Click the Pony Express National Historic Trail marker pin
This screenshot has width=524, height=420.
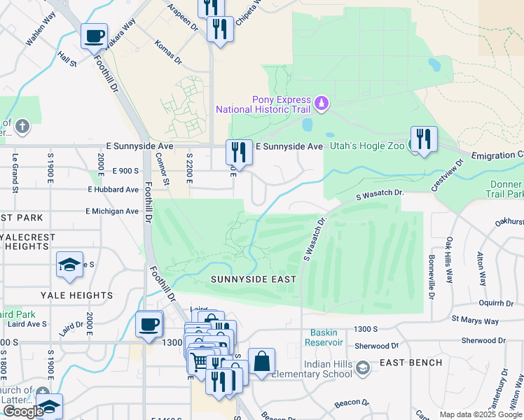tap(322, 104)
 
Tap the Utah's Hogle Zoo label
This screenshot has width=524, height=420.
tap(367, 146)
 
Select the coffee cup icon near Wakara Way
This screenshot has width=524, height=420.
tap(94, 36)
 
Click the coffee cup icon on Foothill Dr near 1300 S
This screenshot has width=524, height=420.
tap(149, 324)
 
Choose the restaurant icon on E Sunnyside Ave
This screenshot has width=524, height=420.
tap(238, 152)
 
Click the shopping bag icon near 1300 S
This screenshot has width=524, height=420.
tap(261, 362)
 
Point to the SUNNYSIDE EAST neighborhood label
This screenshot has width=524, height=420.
tap(253, 279)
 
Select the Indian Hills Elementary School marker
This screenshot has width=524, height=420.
tap(363, 367)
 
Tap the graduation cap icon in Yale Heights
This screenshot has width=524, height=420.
tap(69, 264)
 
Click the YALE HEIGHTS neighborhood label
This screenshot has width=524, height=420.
tap(77, 295)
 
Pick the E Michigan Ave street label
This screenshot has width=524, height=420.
tap(112, 211)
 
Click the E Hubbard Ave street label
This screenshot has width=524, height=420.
tap(113, 190)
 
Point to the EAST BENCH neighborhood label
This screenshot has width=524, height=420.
tap(411, 363)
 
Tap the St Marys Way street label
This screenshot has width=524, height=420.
tap(475, 321)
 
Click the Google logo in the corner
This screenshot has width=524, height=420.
tap(23, 411)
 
